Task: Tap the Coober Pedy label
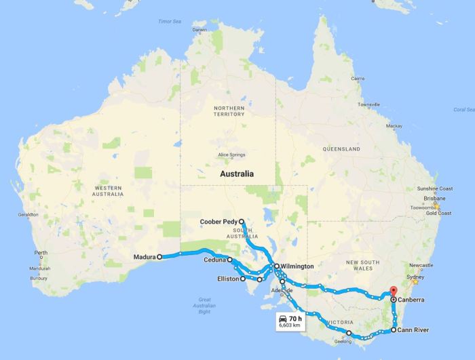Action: point(217,221)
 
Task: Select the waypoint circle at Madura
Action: point(159,257)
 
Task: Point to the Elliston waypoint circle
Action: point(243,279)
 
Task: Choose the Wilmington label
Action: point(297,266)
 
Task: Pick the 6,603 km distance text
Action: point(290,325)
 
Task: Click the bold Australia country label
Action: point(237,174)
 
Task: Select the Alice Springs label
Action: point(231,155)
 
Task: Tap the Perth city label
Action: point(40,254)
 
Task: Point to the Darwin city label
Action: point(199,30)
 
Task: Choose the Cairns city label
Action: point(357,79)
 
